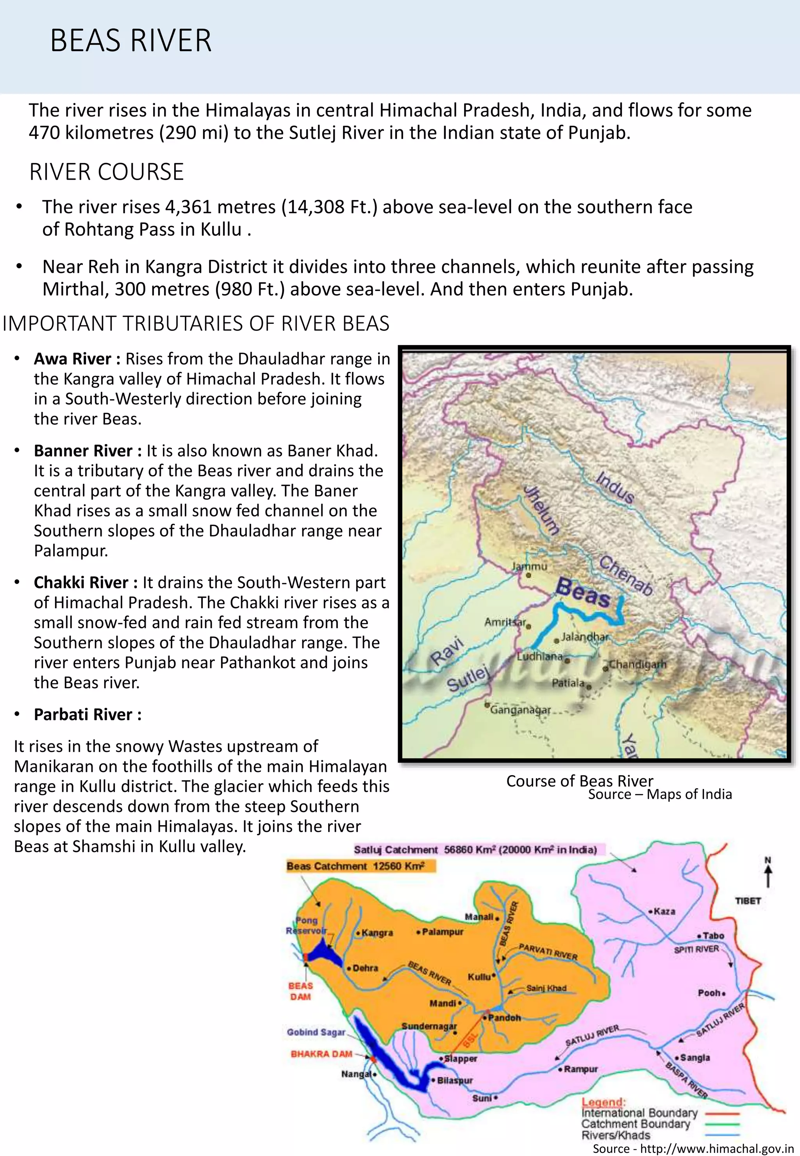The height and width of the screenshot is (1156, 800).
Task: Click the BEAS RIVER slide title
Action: (x=131, y=41)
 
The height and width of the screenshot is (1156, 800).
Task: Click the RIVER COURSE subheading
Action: (x=107, y=172)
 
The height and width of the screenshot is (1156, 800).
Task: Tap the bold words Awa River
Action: (x=72, y=359)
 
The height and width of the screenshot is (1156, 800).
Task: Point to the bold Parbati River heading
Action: (x=83, y=715)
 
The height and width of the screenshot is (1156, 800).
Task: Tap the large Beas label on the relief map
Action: (x=583, y=592)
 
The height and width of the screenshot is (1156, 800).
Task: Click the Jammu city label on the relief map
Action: (x=529, y=566)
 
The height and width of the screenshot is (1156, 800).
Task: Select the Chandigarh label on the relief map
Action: (x=637, y=664)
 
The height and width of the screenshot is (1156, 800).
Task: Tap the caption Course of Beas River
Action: (x=579, y=781)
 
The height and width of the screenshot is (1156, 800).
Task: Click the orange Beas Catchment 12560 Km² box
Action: (x=361, y=866)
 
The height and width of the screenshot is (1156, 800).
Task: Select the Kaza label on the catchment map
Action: (x=664, y=911)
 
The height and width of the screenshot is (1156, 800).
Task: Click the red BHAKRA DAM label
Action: (x=321, y=1054)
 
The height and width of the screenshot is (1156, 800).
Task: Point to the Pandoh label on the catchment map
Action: (x=504, y=1018)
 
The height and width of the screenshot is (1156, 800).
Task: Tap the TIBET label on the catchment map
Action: (x=748, y=901)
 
